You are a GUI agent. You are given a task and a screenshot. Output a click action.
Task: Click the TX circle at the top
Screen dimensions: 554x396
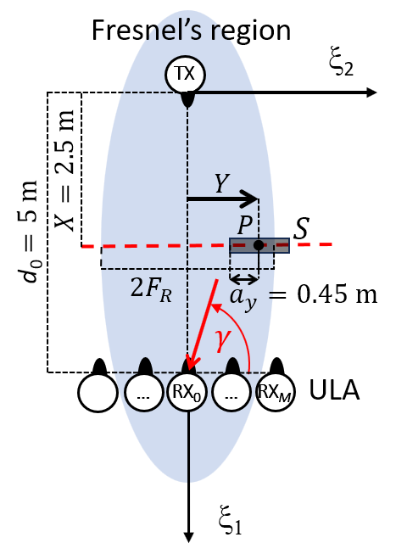tap(185, 75)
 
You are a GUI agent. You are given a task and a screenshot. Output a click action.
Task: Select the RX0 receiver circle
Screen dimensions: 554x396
tap(187, 392)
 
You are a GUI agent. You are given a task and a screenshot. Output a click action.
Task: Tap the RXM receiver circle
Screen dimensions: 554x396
tap(275, 392)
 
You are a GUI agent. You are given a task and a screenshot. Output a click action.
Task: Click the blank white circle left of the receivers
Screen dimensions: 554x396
tap(98, 393)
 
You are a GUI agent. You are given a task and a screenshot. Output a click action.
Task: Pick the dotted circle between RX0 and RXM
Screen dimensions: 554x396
tap(231, 392)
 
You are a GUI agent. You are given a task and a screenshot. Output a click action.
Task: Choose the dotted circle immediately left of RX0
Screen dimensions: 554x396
tap(143, 392)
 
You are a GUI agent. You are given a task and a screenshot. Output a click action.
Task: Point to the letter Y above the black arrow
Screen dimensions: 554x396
tap(220, 184)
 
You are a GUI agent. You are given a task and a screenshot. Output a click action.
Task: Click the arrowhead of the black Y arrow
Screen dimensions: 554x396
tap(250, 199)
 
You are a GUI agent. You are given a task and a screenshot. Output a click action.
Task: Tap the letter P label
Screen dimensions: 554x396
tap(244, 226)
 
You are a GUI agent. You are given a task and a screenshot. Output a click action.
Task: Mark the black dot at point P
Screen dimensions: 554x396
tap(258, 245)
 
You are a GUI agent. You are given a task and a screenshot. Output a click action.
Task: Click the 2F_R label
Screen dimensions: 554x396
tap(150, 288)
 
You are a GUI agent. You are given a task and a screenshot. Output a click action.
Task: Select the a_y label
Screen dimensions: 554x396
tap(243, 296)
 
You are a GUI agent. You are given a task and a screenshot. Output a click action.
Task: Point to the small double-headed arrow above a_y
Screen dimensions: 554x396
tap(244, 279)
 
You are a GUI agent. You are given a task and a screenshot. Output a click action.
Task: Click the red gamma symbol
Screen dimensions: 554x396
tap(221, 338)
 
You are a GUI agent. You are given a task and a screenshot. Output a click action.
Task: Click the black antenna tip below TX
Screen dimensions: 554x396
tap(187, 98)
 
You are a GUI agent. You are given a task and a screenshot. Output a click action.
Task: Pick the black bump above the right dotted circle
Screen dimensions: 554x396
tap(232, 366)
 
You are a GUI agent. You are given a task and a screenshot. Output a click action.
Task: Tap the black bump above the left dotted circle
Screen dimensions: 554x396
tap(145, 366)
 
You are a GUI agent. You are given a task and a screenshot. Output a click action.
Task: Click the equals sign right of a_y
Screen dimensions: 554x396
tap(271, 295)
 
